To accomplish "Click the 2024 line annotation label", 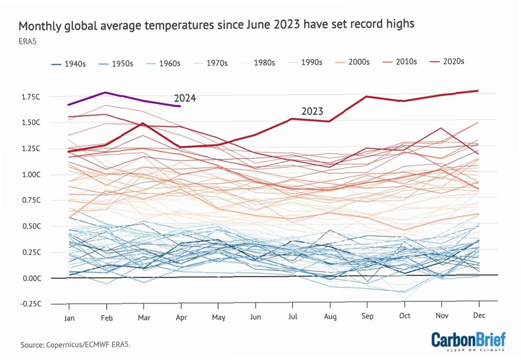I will click(185, 99).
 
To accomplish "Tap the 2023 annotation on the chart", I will click(312, 112).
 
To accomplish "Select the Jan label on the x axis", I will click(70, 318).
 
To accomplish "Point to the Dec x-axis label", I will click(479, 315).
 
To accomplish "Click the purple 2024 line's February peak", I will click(106, 92).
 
